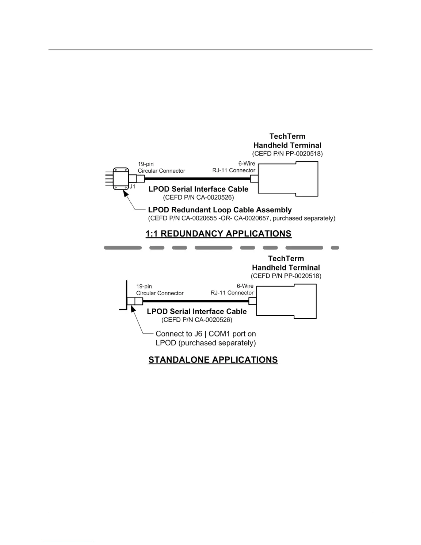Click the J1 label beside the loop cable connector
(132, 186)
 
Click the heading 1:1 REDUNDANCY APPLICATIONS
(218, 234)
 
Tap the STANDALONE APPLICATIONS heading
(213, 360)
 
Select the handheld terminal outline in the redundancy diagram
(288, 179)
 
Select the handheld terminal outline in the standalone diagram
(287, 301)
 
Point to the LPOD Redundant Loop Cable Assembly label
(220, 210)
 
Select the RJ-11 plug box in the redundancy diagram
(254, 179)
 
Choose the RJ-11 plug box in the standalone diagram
(252, 301)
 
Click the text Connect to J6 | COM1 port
(206, 334)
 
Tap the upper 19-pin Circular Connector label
(161, 168)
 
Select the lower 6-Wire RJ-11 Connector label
(233, 289)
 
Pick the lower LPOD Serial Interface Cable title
(197, 311)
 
